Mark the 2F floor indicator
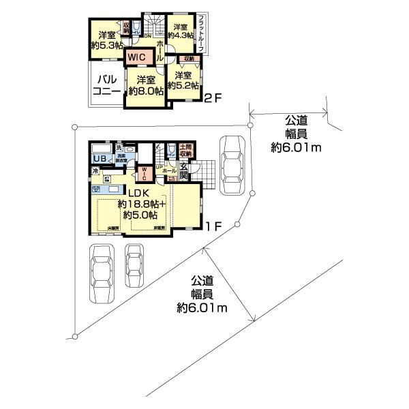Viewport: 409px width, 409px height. [213, 98]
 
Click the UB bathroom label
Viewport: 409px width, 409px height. [99, 160]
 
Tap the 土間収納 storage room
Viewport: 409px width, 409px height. [185, 151]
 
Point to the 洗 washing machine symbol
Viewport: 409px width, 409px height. [118, 148]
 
